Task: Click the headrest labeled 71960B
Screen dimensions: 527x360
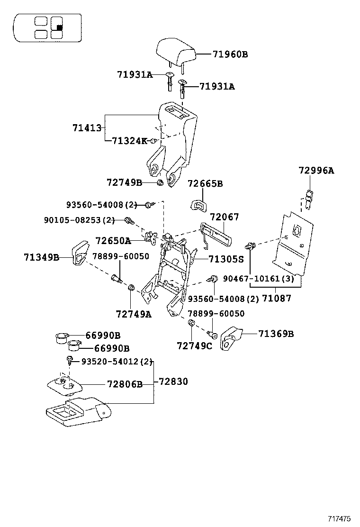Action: [x=176, y=54]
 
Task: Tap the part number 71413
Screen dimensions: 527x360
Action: [x=87, y=128]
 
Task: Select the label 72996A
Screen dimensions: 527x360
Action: [x=316, y=171]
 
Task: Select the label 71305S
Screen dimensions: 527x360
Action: [x=225, y=259]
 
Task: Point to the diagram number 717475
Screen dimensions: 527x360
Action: [x=340, y=519]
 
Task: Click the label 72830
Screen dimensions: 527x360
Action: [x=173, y=382]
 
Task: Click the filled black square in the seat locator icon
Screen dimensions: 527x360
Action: [x=59, y=27]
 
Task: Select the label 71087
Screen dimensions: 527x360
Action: [x=277, y=298]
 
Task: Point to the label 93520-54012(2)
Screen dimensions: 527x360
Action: [x=117, y=362]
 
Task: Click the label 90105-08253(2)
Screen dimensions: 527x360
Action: [x=79, y=220]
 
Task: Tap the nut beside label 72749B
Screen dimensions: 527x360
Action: [x=160, y=183]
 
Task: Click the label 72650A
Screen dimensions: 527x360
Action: [x=113, y=241]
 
